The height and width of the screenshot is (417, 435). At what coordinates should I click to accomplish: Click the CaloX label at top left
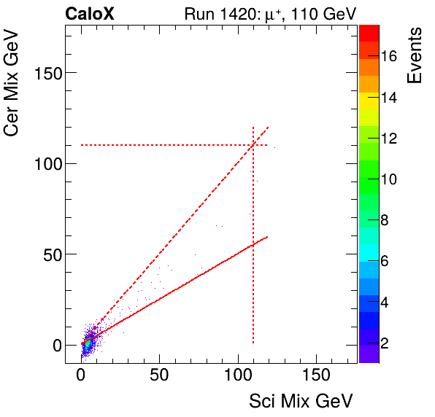(x=89, y=13)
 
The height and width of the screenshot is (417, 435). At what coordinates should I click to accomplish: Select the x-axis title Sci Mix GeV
(x=301, y=400)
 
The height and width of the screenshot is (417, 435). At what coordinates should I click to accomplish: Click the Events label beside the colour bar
(x=415, y=55)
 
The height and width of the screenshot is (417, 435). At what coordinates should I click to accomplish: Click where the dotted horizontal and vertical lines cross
(x=253, y=145)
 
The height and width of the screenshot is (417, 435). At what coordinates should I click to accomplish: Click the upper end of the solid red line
(x=267, y=236)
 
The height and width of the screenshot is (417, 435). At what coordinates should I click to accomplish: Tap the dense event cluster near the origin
(x=88, y=344)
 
